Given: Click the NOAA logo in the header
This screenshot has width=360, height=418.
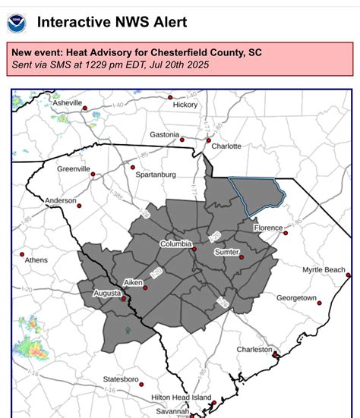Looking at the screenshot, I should point(17,22).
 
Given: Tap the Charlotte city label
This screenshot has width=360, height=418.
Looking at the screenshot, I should point(226,146).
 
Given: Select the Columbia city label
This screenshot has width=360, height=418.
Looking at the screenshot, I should point(175,244).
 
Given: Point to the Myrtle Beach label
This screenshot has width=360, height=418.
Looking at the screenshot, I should point(324,269).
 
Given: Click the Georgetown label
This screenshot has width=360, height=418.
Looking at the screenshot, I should point(296,297).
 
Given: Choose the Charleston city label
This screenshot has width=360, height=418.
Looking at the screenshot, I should point(254,350).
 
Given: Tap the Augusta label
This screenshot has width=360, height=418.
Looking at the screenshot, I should point(107,292).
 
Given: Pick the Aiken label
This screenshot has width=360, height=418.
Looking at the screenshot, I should point(133,282).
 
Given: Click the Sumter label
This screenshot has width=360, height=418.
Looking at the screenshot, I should point(227,251).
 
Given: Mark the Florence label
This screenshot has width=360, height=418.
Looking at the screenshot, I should point(268,228).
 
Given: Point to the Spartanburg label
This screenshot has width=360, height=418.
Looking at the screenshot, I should point(156,174).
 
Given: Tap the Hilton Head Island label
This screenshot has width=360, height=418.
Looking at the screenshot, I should point(181,397).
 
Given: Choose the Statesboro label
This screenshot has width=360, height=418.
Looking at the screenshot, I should point(121,379).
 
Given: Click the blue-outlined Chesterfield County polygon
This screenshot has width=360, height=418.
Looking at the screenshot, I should point(257,193).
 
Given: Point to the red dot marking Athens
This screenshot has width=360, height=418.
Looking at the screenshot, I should point(22,254).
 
